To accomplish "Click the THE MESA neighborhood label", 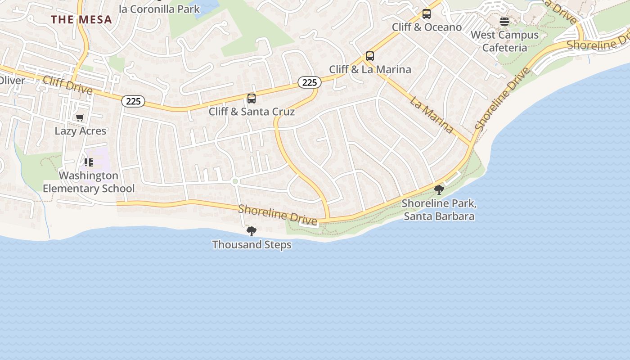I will coord(81,20).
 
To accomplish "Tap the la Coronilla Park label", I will coord(159,9).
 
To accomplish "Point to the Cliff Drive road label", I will coord(67,85).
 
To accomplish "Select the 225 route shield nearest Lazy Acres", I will coord(133,101).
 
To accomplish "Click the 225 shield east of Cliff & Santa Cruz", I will coord(309,82).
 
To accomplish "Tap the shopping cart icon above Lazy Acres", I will coord(80,118).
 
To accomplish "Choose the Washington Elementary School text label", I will coord(89,182).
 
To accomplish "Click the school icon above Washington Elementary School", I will coord(88,162).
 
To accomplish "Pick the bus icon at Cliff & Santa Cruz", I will coord(252,98).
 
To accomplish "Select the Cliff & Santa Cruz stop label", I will coord(252,112).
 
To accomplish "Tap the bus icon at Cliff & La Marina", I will coord(370,56).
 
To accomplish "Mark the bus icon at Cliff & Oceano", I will coord(427,14).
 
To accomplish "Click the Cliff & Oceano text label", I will coord(427,27).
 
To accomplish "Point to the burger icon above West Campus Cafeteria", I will coord(504,22).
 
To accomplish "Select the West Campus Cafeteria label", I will coord(504,41).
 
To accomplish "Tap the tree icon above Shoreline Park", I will coord(439,190).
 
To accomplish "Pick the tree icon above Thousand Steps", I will coord(252,231).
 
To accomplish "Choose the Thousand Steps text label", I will coord(252,245).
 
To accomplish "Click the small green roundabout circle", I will coord(234,181).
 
